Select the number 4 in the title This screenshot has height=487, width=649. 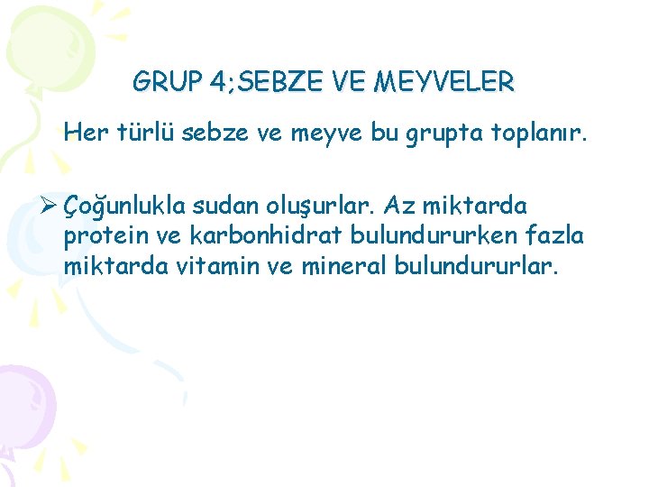217,83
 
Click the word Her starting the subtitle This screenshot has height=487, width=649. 86,133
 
